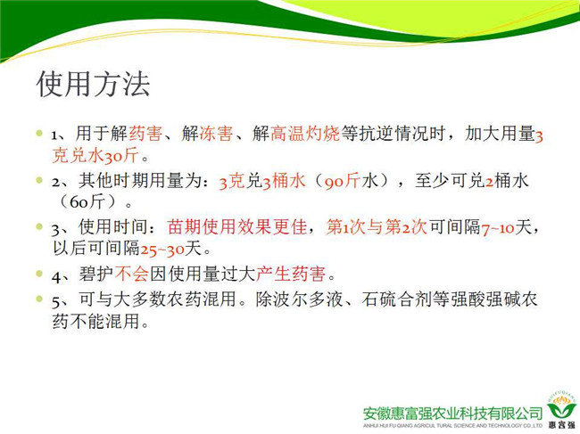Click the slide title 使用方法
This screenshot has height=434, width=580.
(x=93, y=84)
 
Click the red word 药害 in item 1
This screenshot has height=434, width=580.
(x=145, y=134)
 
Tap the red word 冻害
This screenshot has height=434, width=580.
(x=216, y=134)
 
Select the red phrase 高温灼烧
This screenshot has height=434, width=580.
(x=305, y=134)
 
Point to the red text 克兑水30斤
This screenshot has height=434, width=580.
(x=95, y=155)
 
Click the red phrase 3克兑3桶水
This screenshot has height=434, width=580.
(x=262, y=181)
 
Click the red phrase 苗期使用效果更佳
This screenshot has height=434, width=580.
(x=237, y=226)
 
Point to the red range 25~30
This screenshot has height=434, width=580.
(x=162, y=249)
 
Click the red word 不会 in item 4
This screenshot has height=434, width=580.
(x=132, y=274)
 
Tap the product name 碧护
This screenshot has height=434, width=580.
(x=96, y=274)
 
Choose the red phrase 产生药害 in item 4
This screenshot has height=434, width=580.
(x=291, y=274)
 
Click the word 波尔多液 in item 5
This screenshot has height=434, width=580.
(x=308, y=299)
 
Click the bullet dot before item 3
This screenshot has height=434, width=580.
(x=39, y=225)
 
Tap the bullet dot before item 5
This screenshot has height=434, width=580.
(x=39, y=298)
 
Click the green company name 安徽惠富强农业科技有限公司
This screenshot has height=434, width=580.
(x=452, y=414)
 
